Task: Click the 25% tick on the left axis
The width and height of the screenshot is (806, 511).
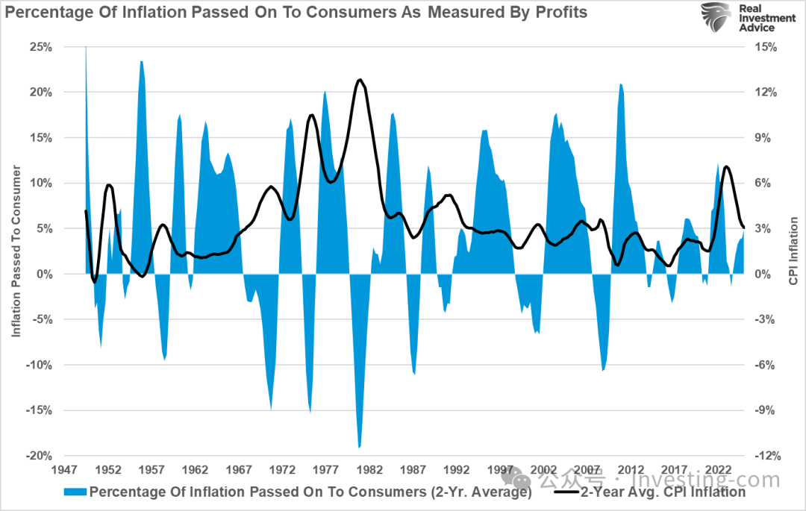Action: (40, 47)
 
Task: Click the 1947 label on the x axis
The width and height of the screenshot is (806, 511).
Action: (65, 471)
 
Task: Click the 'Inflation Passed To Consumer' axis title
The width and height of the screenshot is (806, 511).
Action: (16, 251)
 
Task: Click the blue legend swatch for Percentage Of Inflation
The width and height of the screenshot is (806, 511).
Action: (75, 492)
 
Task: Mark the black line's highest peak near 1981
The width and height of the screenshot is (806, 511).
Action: (360, 79)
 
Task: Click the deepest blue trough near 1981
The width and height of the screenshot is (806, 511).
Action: (360, 447)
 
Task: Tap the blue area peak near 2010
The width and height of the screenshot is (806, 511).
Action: (620, 84)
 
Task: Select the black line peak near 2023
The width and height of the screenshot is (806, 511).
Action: (727, 166)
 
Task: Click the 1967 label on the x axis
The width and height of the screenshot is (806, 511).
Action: (239, 471)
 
